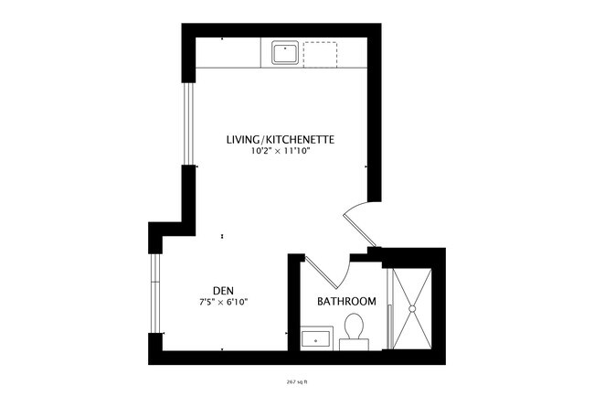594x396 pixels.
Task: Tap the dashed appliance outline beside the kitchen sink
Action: point(319,53)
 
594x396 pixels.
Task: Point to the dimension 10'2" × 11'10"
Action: point(281,152)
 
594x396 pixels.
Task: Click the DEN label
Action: point(223,287)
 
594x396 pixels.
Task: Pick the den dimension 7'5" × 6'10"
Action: point(223,300)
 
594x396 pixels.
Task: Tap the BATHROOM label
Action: point(347,302)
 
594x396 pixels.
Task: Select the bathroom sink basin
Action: point(317,339)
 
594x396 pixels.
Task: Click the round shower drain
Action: point(413,309)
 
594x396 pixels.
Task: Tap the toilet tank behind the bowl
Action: point(353,345)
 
